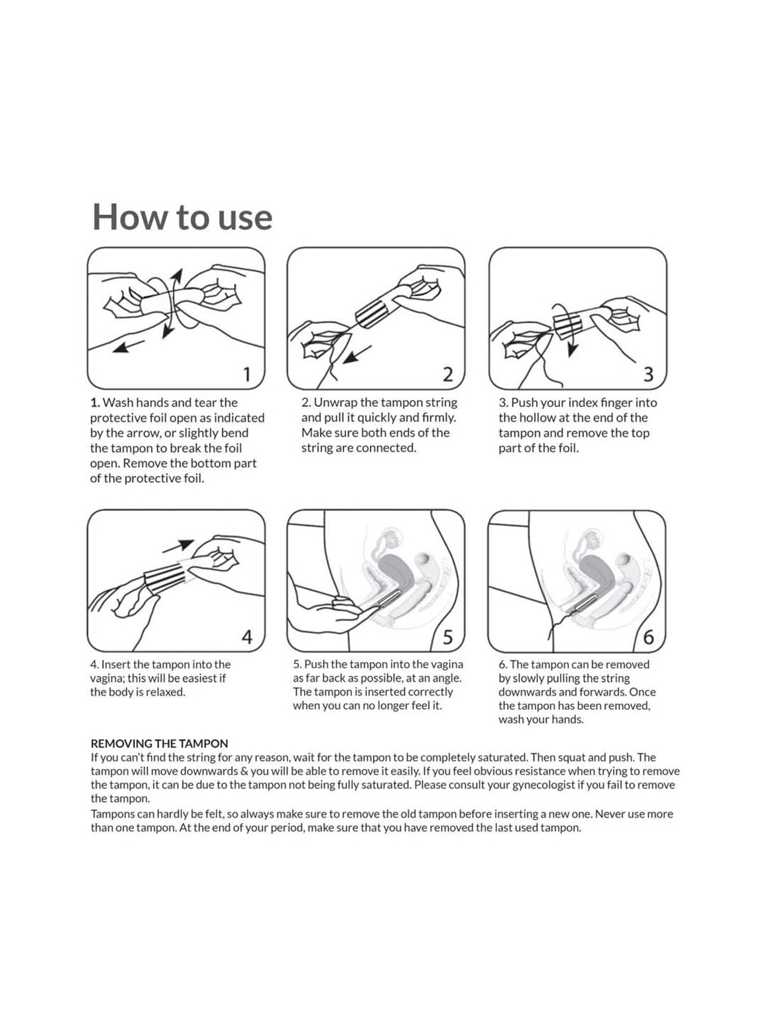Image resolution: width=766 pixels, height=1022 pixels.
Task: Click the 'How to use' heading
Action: (182, 217)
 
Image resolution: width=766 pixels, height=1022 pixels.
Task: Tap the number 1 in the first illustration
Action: (247, 375)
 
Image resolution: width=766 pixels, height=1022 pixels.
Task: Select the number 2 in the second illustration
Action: (447, 375)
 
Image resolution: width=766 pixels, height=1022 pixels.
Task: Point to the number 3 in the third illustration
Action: (648, 375)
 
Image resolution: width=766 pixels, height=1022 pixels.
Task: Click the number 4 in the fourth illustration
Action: (247, 637)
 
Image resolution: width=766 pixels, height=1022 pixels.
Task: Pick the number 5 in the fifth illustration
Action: (448, 637)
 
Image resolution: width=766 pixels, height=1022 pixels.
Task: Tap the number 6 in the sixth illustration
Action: (649, 637)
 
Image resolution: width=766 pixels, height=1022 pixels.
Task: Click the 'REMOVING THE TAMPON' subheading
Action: (159, 744)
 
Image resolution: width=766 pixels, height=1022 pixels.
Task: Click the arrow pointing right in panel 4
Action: (178, 546)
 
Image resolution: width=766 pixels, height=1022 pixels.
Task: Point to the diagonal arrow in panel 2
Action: (356, 355)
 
